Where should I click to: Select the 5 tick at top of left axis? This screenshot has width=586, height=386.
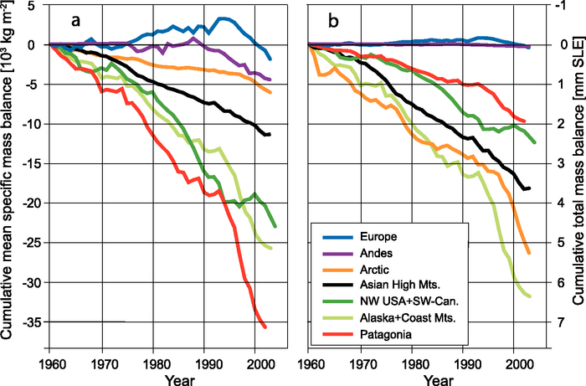pyautogui.click(x=37, y=7)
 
